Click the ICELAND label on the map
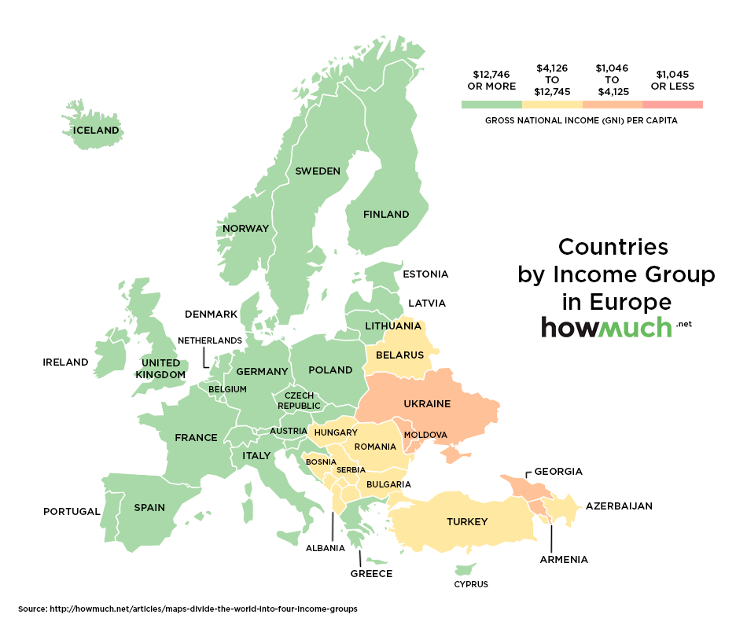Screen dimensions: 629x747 [96, 131]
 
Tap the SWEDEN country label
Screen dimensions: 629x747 [318, 171]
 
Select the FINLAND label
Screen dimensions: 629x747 [386, 214]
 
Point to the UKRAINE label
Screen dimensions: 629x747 [427, 404]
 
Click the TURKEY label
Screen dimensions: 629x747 [467, 522]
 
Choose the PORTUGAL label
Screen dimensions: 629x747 [72, 512]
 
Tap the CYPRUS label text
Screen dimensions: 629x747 [471, 584]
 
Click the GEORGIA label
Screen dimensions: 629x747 [558, 472]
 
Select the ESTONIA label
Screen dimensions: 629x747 [425, 274]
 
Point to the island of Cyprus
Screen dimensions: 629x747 [466, 568]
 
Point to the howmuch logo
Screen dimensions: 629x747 [607, 328]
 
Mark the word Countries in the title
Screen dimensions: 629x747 [613, 247]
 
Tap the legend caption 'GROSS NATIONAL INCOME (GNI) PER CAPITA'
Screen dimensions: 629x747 [581, 121]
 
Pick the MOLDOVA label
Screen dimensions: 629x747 [425, 435]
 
